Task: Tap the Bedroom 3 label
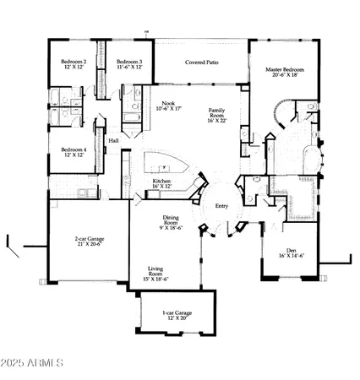(128, 62)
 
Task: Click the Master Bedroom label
(284, 69)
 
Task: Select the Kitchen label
(162, 181)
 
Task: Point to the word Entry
(222, 207)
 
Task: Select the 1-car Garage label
(177, 313)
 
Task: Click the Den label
(291, 249)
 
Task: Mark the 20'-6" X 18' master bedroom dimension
(284, 76)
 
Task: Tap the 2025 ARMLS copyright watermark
(35, 365)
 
